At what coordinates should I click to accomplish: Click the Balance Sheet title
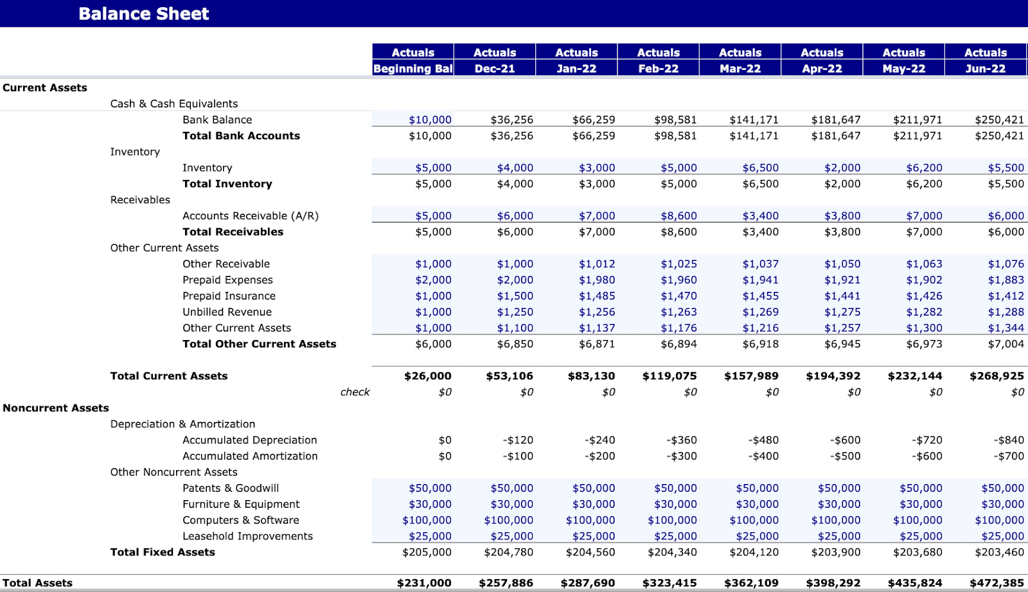pyautogui.click(x=143, y=13)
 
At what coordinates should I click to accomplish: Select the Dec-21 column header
pyautogui.click(x=495, y=69)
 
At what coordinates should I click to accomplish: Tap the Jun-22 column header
pyautogui.click(x=986, y=69)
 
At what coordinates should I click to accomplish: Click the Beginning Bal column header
pyautogui.click(x=413, y=69)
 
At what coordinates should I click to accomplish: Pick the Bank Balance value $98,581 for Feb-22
pyautogui.click(x=675, y=120)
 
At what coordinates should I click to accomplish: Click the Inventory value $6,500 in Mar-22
pyautogui.click(x=760, y=168)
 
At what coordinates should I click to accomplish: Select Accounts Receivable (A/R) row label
pyautogui.click(x=250, y=216)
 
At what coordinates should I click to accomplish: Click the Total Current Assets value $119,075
pyautogui.click(x=669, y=376)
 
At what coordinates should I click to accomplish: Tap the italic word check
pyautogui.click(x=355, y=392)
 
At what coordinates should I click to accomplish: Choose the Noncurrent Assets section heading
pyautogui.click(x=56, y=408)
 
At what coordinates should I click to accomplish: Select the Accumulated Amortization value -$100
pyautogui.click(x=518, y=456)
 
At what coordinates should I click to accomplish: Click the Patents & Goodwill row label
pyautogui.click(x=231, y=489)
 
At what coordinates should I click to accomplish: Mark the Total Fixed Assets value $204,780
pyautogui.click(x=508, y=552)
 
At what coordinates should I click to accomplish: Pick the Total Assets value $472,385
pyautogui.click(x=997, y=583)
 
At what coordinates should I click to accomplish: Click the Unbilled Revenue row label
pyautogui.click(x=227, y=312)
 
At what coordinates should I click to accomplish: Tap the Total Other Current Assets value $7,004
pyautogui.click(x=1006, y=344)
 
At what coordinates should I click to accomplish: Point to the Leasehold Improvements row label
pyautogui.click(x=247, y=536)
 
